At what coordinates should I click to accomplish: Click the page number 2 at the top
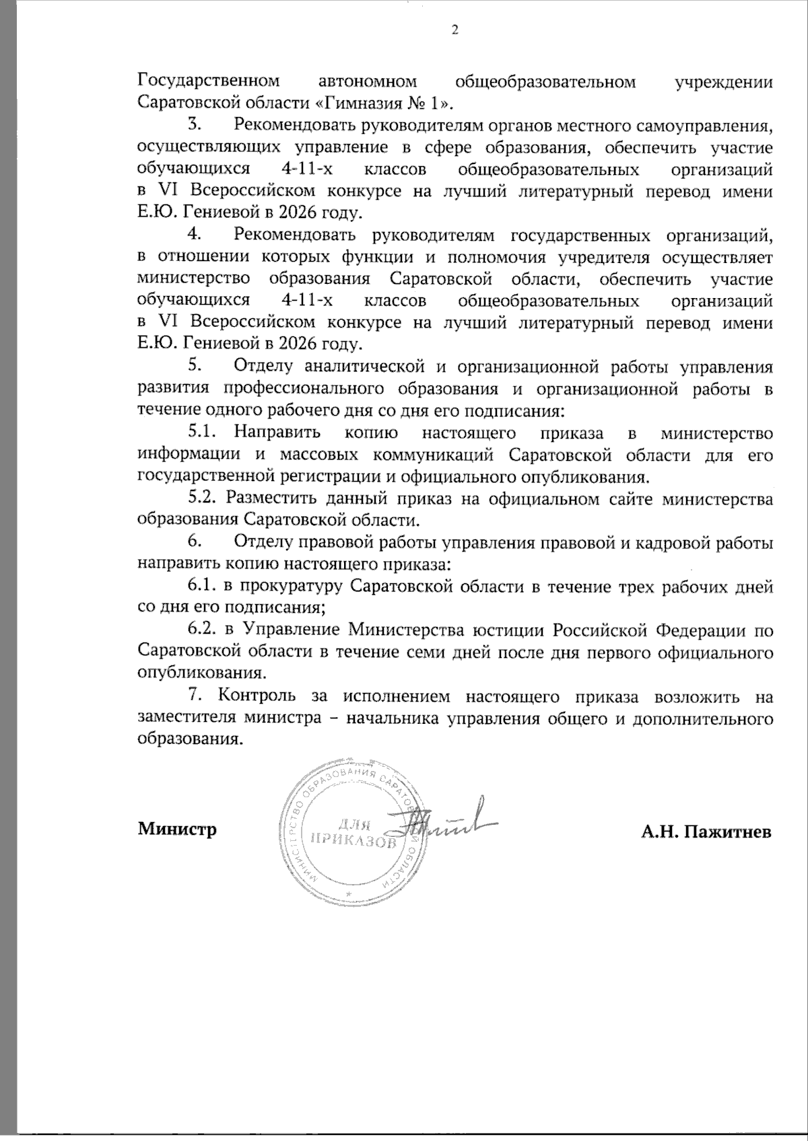pos(453,30)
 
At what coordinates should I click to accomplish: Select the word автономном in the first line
pos(366,82)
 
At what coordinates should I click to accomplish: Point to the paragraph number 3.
pos(195,125)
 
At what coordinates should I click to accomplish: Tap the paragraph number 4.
pos(195,235)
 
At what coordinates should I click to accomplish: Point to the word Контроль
pos(252,695)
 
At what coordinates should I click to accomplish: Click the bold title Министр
pos(177,829)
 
